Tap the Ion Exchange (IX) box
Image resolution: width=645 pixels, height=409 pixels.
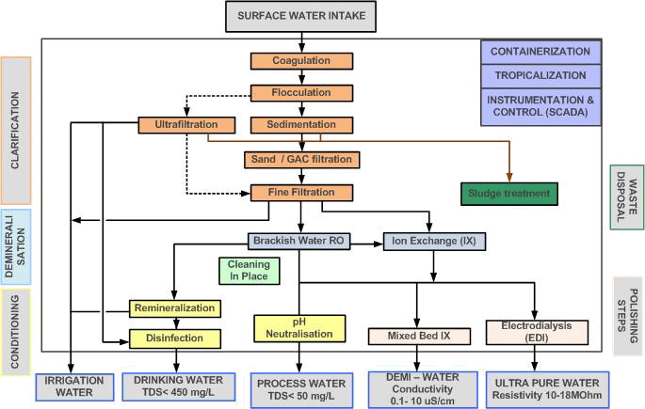434,242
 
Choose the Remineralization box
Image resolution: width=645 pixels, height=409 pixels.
175,308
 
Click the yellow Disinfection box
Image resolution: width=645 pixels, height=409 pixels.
175,337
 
